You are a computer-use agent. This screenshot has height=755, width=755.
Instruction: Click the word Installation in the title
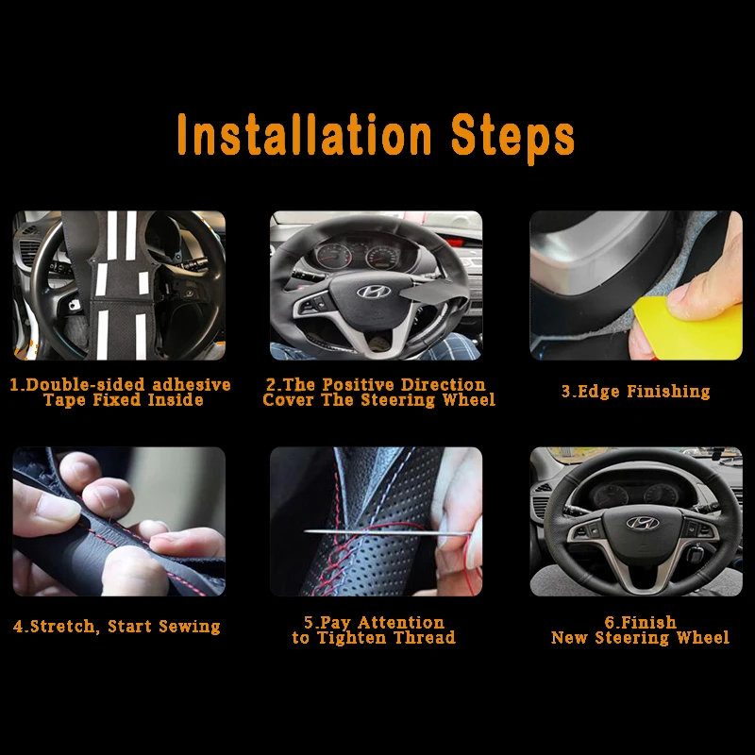[304, 135]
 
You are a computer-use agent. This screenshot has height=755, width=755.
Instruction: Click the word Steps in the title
[512, 138]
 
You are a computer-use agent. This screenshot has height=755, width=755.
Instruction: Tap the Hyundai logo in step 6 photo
[643, 523]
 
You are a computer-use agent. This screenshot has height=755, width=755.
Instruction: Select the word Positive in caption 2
[359, 385]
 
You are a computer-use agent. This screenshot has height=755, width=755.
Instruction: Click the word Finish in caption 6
[648, 623]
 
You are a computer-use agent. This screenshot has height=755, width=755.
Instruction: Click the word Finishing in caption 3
[669, 392]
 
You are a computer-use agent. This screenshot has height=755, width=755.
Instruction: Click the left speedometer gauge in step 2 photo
[333, 256]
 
